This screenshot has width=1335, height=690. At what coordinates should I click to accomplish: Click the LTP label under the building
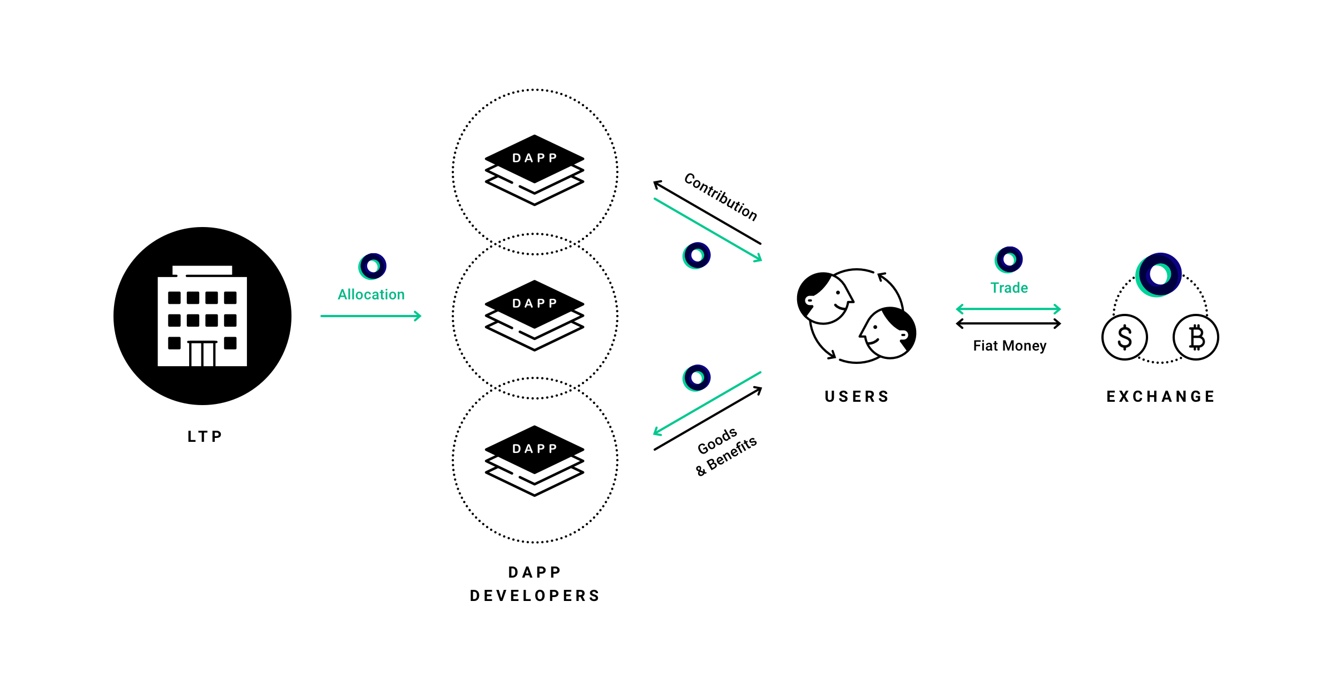point(205,437)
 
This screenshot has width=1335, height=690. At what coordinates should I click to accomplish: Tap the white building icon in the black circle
point(202,317)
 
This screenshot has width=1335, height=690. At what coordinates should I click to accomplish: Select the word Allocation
point(371,294)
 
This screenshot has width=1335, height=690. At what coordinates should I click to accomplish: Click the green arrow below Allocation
point(370,316)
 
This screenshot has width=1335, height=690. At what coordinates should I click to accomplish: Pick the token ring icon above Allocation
point(373,266)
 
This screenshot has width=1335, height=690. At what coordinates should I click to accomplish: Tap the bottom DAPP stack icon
point(535,460)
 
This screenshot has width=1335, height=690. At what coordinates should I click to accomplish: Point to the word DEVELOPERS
point(535,596)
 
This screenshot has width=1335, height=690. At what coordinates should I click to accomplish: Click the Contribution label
point(721,196)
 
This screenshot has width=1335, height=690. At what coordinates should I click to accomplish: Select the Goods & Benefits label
point(725,451)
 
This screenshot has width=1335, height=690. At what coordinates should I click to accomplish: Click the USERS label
point(857,397)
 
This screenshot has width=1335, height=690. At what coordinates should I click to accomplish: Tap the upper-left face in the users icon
point(824,298)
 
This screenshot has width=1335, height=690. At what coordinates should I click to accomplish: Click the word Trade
point(1009,288)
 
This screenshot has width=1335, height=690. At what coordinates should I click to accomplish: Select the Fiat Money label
point(1010,346)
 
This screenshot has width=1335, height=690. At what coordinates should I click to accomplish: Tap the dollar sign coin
point(1124,337)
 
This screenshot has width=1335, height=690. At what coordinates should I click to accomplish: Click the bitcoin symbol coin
point(1196,337)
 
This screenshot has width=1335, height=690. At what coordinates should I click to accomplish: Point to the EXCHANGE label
point(1160,397)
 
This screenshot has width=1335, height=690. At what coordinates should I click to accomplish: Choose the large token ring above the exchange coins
point(1159,274)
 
